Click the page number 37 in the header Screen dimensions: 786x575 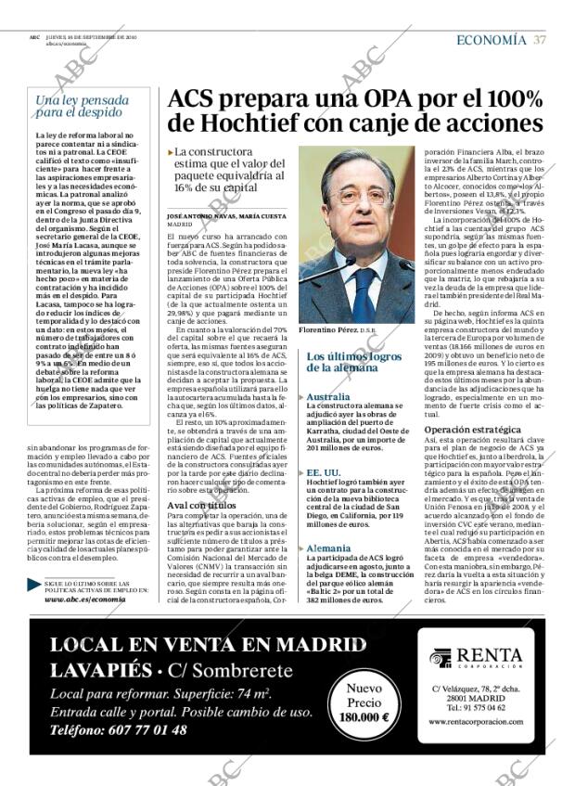tap(539, 40)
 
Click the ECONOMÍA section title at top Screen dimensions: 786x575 tap(491, 40)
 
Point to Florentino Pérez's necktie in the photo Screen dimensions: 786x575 tap(364, 292)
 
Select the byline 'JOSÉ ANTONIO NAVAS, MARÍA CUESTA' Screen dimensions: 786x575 tap(226, 215)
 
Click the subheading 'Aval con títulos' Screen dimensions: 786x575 tap(195, 505)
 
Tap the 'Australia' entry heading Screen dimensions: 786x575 tap(327, 396)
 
